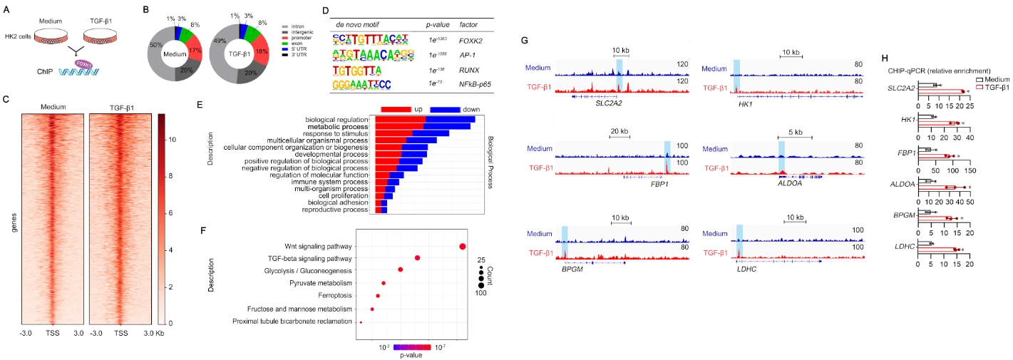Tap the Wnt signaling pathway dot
tap(463, 247)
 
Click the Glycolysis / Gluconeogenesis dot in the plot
tap(401, 269)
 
